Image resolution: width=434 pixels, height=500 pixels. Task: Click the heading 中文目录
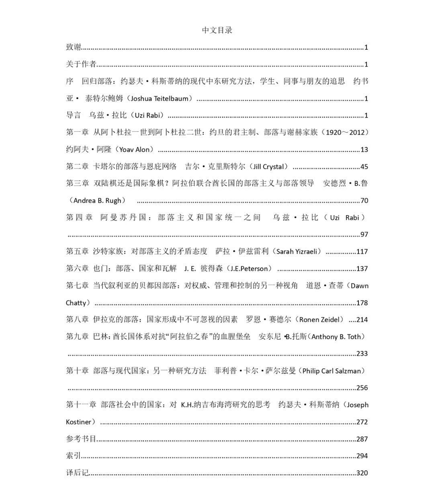click(217, 30)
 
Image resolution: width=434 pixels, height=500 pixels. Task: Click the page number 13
click(364, 150)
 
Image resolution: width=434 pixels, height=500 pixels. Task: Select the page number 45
click(364, 167)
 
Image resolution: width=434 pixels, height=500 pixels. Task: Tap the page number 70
click(364, 201)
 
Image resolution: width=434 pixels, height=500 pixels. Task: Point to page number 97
click(364, 235)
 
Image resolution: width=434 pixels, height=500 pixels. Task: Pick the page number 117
click(362, 252)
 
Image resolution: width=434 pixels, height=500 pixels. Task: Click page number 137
click(362, 269)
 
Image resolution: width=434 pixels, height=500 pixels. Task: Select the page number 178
click(362, 303)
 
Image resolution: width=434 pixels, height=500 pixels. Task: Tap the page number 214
click(362, 320)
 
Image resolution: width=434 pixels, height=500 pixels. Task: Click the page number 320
click(362, 473)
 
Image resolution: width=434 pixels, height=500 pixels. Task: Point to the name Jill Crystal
click(268, 167)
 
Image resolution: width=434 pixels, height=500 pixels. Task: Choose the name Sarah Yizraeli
click(297, 252)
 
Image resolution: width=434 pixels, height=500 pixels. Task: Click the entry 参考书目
click(81, 439)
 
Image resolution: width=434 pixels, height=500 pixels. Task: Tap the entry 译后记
click(77, 473)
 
